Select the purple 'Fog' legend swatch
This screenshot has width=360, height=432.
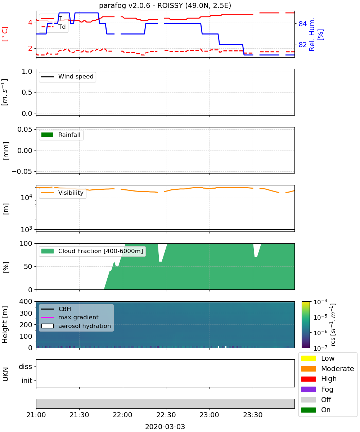point(308,389)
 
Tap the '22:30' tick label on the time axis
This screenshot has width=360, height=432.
point(166,415)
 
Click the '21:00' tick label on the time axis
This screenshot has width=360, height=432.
point(36,415)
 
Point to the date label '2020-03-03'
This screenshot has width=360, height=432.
point(165,427)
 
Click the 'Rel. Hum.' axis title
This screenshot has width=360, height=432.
point(312,34)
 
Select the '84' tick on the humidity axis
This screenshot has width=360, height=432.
point(302,24)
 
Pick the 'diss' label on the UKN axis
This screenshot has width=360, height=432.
point(26,366)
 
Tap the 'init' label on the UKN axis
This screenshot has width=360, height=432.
point(27,381)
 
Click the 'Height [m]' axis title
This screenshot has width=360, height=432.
point(5,324)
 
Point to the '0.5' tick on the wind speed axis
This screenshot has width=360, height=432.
point(27,92)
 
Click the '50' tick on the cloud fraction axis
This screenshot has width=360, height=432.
point(28,266)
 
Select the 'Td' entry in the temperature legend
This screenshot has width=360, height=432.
point(62,27)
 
